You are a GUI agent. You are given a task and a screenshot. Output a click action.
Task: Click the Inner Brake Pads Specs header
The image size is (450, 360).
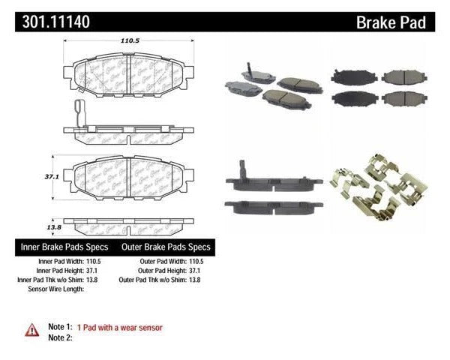point(62,247)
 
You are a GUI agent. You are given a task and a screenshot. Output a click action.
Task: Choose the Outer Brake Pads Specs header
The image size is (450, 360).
point(163,247)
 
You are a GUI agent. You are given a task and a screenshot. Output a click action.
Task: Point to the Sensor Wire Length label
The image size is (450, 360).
point(58,288)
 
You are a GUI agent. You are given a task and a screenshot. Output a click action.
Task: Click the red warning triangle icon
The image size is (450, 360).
point(32,328)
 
